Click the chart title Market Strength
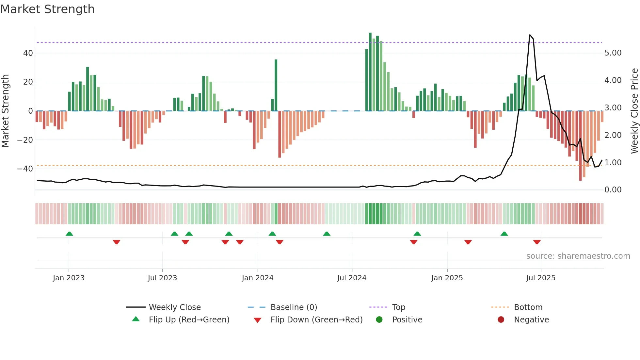click(47, 9)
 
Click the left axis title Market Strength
click(5, 111)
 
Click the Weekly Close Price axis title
click(634, 111)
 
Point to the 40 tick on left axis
click(28, 53)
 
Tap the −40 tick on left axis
click(25, 169)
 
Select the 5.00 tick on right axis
click(613, 53)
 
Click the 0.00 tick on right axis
click(613, 190)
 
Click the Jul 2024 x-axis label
click(352, 278)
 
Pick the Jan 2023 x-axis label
click(69, 278)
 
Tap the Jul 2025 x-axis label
click(541, 278)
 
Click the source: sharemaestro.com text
click(578, 256)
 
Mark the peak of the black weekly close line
click(530, 35)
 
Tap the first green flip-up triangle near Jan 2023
click(69, 234)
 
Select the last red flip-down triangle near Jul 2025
click(537, 242)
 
